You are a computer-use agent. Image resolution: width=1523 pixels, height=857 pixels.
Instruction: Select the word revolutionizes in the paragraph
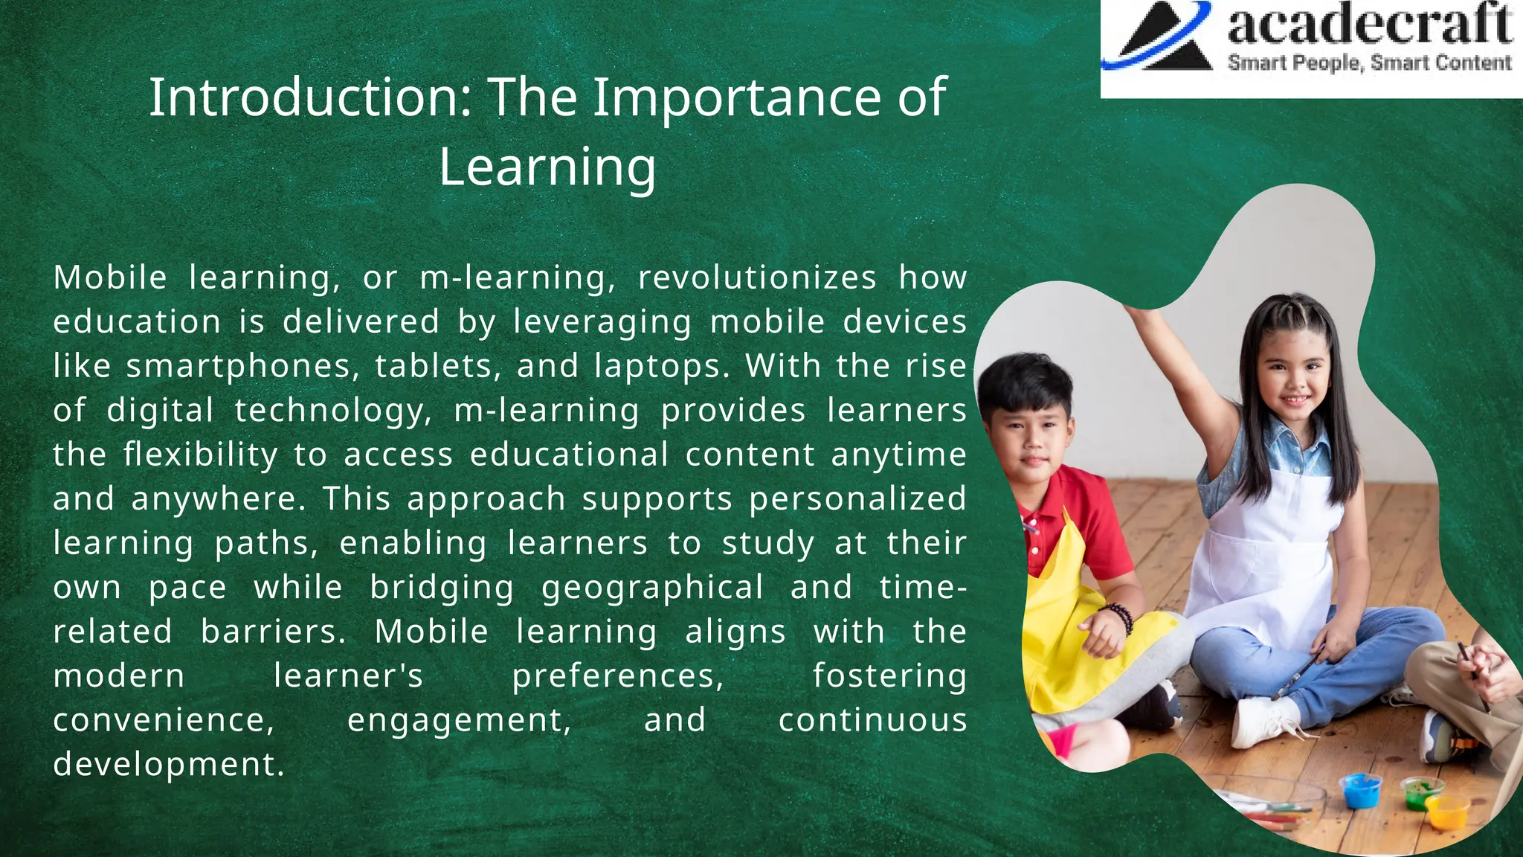(x=757, y=277)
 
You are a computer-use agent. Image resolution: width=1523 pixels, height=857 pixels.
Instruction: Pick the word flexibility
(x=200, y=455)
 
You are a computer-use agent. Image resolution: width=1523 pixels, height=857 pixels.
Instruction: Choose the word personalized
(x=857, y=498)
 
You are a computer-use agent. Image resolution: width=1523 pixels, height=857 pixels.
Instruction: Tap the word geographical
(x=652, y=587)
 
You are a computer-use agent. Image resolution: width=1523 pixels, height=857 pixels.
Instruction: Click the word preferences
(x=617, y=675)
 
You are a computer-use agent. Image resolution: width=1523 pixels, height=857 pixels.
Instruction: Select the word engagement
(x=459, y=720)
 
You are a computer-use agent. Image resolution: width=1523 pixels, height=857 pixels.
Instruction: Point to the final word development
(x=168, y=764)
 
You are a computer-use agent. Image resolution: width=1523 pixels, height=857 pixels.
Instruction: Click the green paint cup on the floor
(x=1420, y=793)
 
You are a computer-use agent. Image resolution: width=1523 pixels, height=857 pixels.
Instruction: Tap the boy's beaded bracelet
(x=1119, y=617)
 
